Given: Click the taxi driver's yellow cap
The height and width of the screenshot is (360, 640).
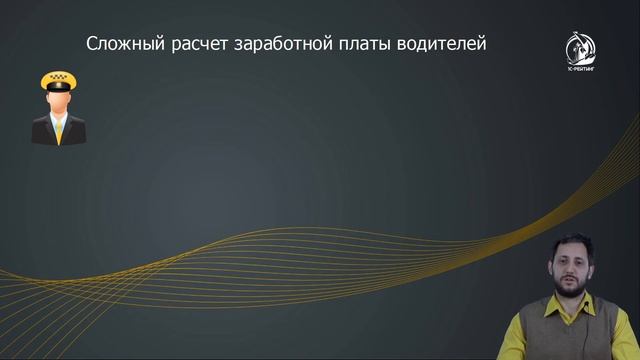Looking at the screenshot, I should (x=59, y=79).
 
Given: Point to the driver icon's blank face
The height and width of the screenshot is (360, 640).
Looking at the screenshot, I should (x=59, y=103).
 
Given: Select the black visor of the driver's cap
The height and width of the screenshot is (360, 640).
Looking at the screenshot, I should (x=59, y=93).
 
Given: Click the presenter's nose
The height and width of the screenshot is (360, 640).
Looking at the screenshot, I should (x=571, y=269).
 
